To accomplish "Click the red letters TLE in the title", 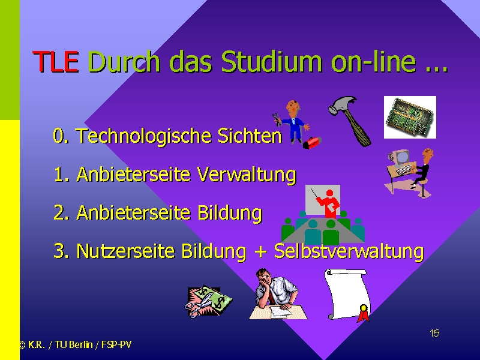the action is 55,62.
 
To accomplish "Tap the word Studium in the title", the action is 272,61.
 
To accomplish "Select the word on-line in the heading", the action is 374,61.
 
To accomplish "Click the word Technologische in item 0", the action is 143,136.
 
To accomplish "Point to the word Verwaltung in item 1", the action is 247,175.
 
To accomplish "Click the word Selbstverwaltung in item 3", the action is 349,251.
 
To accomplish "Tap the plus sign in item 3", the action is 260,252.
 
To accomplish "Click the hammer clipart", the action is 350,121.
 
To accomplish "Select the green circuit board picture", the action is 410,117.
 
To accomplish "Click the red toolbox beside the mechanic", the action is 311,143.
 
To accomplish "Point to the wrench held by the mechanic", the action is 276,119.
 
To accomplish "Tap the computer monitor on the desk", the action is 401,158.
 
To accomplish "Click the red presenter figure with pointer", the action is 328,203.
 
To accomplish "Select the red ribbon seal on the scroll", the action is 364,313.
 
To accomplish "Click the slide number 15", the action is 434,333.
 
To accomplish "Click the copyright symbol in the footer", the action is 22,345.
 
